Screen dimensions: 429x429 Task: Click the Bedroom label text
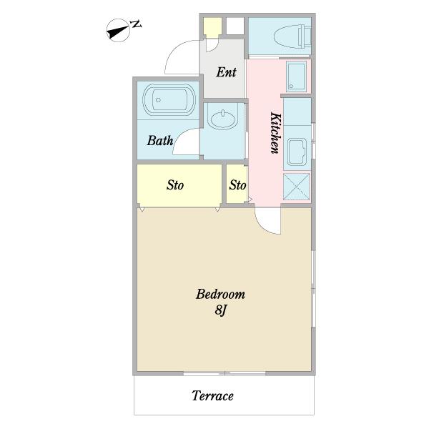[220, 295]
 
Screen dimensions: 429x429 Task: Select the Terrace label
[212, 396]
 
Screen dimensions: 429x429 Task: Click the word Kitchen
[276, 133]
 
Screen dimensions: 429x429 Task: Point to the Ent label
[226, 72]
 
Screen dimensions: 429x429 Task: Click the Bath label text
[160, 141]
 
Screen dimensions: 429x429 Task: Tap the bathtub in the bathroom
[169, 100]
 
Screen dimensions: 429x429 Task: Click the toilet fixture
[292, 36]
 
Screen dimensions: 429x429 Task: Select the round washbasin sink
[223, 119]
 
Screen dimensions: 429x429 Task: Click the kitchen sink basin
[297, 152]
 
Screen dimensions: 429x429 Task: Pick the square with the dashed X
[296, 187]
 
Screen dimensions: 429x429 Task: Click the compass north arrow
[118, 30]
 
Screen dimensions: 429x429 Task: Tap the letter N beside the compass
[137, 24]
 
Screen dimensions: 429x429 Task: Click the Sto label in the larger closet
[175, 185]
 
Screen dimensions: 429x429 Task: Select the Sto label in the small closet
[237, 185]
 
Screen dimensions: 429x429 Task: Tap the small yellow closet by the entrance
[212, 26]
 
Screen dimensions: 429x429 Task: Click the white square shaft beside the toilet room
[235, 26]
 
